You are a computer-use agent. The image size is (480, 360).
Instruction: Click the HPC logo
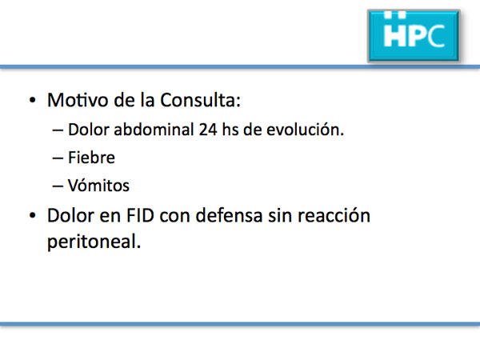pos(414,36)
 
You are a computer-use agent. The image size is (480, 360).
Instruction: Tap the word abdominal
pos(154,129)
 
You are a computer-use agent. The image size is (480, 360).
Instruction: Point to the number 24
pos(208,130)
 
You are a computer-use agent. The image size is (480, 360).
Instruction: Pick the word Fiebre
pos(91,158)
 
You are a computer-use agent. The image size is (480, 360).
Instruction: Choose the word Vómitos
pos(98,186)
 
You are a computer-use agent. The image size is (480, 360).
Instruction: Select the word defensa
pos(229,215)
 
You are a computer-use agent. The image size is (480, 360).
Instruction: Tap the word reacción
pos(334,215)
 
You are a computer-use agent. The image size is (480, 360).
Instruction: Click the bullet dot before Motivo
pos(33,101)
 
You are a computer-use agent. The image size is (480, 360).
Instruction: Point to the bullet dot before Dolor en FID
pos(33,215)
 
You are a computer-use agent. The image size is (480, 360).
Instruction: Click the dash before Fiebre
pos(58,158)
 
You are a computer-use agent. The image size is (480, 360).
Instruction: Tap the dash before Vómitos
pos(58,186)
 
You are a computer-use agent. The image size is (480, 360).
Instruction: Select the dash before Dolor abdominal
pos(58,130)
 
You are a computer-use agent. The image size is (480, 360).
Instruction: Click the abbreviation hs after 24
pos(230,129)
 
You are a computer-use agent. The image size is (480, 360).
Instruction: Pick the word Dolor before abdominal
pos(89,129)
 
